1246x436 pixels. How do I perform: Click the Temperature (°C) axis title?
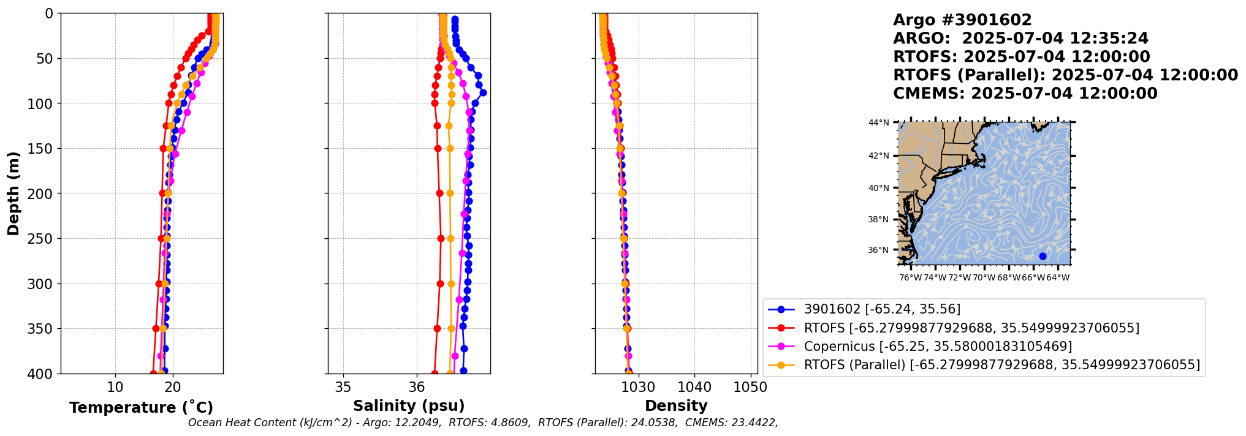(x=141, y=408)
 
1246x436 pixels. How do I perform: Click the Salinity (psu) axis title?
(x=409, y=406)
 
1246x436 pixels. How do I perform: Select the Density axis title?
(x=676, y=406)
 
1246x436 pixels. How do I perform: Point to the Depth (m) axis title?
(x=13, y=194)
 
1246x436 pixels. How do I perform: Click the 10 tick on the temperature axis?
(x=115, y=387)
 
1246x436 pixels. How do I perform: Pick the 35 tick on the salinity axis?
(x=343, y=387)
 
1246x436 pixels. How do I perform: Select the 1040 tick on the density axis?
(x=694, y=387)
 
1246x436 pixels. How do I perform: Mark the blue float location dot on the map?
(x=1043, y=256)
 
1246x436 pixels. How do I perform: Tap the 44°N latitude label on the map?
(x=878, y=123)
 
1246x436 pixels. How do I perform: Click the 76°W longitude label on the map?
(x=910, y=278)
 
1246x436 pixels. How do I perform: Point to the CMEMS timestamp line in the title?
(x=1025, y=94)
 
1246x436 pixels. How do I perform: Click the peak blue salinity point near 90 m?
(x=483, y=92)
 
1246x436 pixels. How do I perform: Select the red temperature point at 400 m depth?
(x=153, y=373)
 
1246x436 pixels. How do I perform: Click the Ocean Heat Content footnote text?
(x=483, y=423)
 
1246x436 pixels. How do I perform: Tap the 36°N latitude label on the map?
(x=878, y=250)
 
